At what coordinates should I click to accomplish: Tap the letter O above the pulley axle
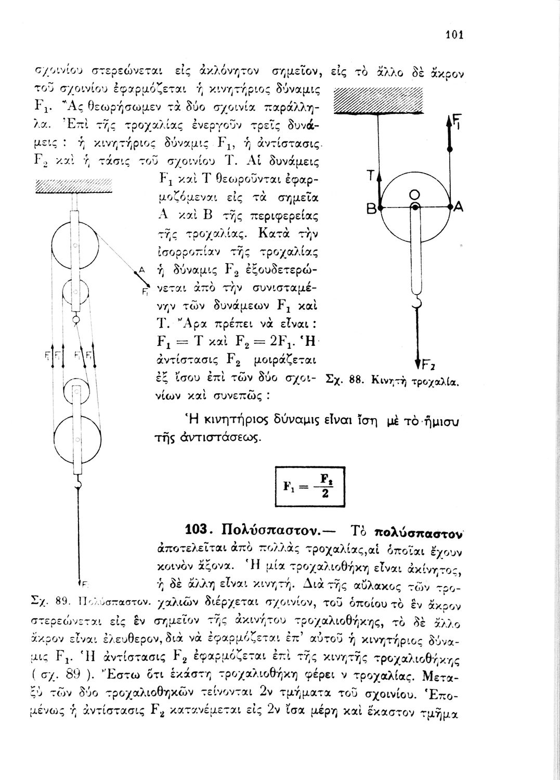(x=414, y=194)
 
